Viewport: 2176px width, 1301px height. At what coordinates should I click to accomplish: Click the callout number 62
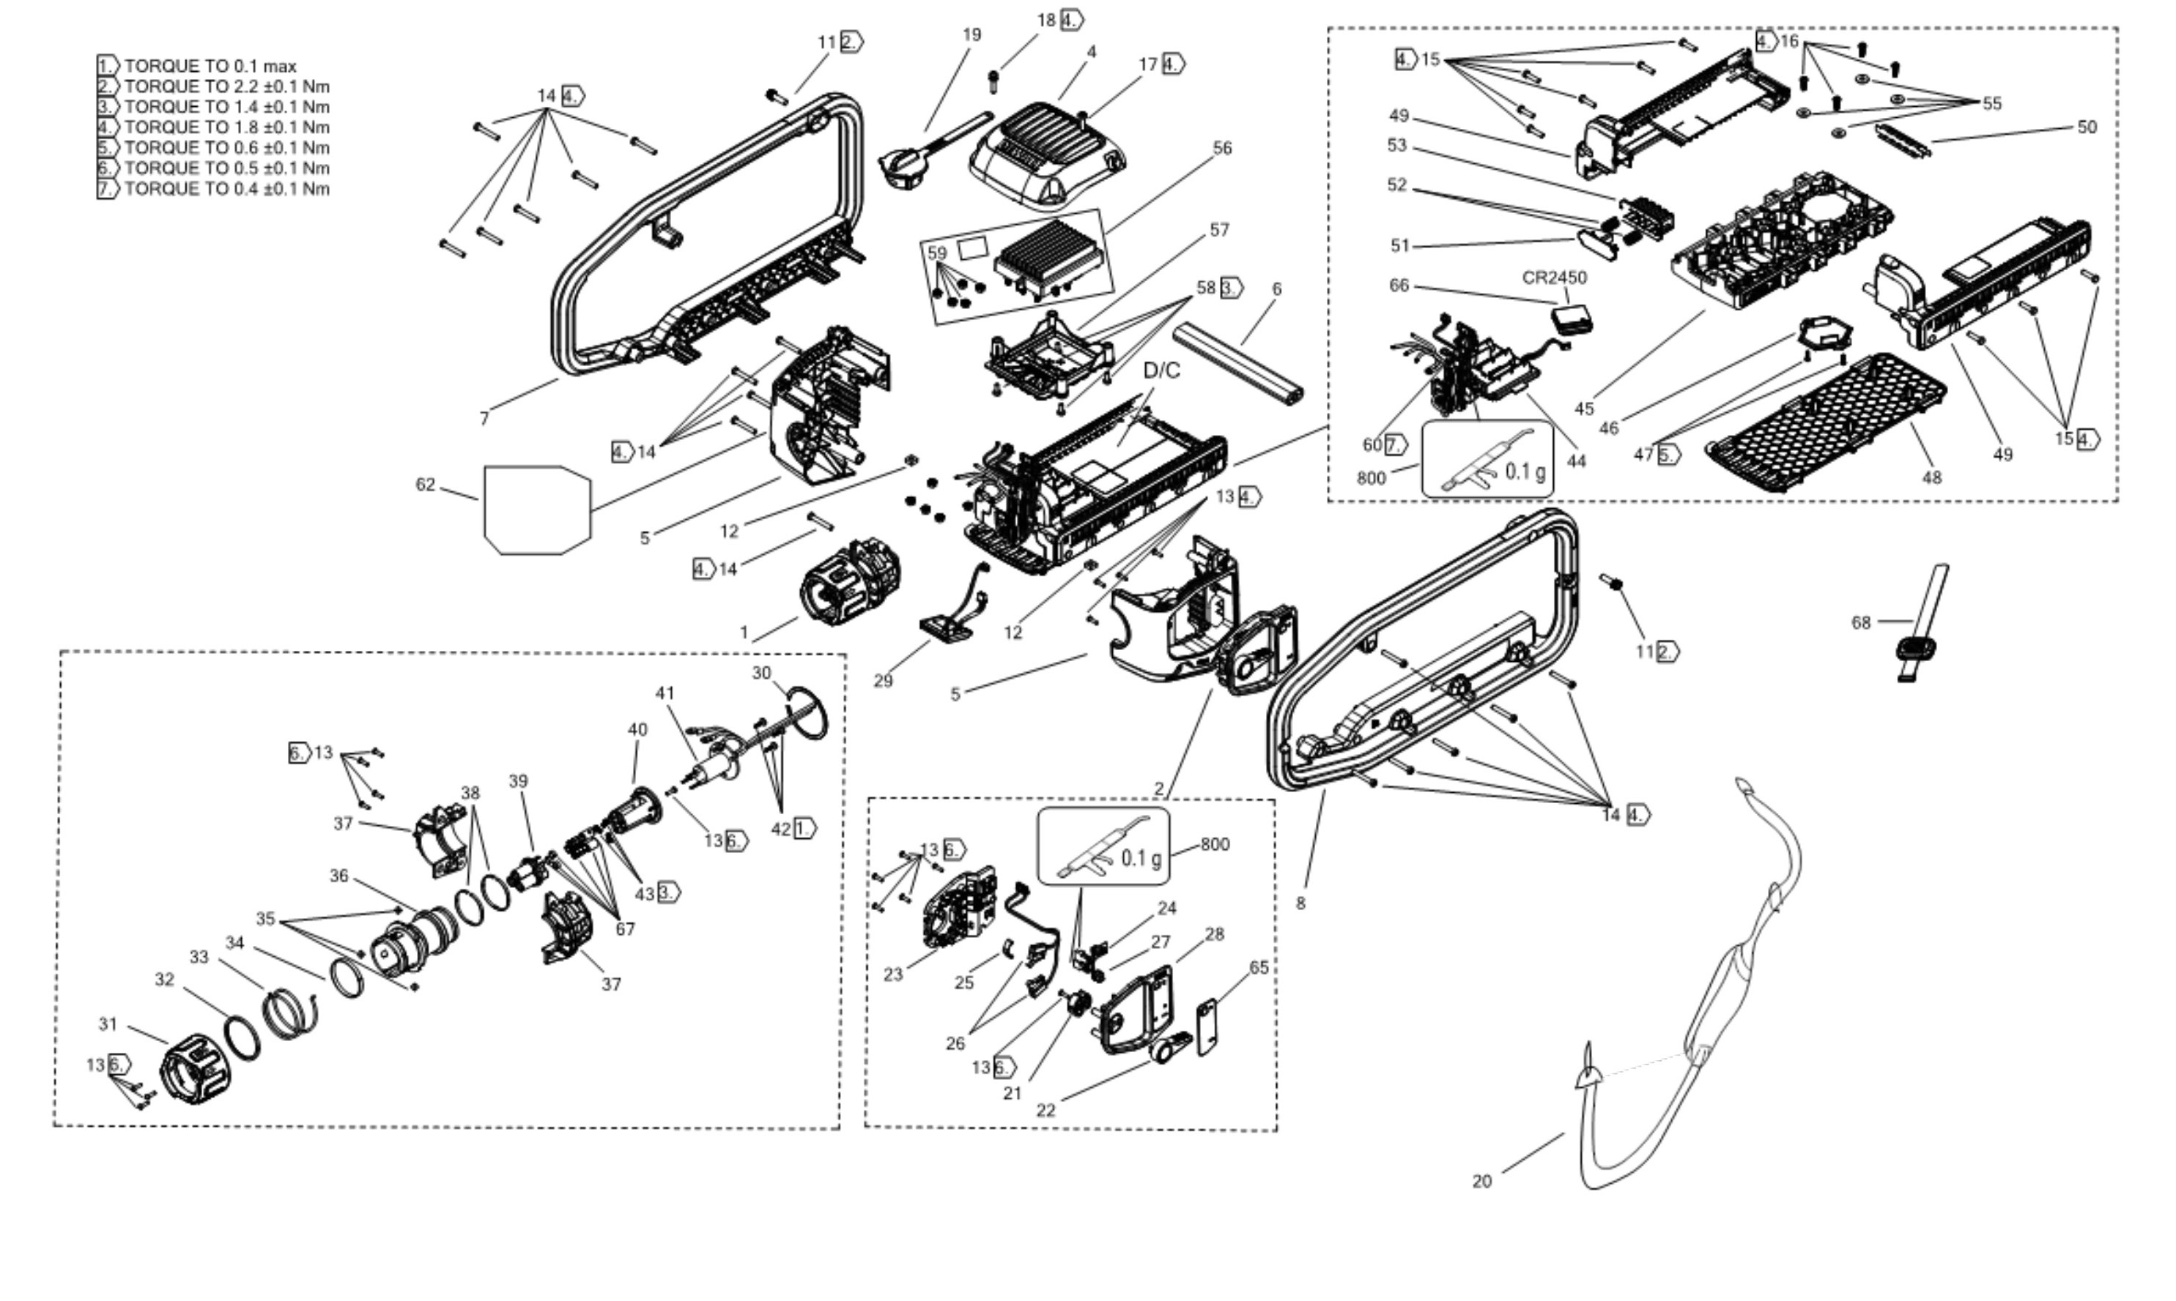(426, 485)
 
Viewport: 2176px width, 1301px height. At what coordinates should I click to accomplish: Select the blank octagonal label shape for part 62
(537, 510)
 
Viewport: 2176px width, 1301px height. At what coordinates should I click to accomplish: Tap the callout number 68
(1861, 622)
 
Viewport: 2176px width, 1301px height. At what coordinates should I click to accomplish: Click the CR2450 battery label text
(1554, 278)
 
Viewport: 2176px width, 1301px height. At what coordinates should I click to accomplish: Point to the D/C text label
(1162, 371)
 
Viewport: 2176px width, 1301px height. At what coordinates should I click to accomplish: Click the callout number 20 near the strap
(1481, 1182)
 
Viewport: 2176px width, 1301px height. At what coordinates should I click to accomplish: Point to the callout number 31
(108, 1024)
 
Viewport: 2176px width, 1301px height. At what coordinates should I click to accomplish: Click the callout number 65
(1259, 968)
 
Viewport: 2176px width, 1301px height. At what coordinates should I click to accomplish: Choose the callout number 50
(2087, 127)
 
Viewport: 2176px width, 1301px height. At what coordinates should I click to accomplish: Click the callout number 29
(883, 681)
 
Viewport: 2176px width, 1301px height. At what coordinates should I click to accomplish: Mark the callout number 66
(1399, 286)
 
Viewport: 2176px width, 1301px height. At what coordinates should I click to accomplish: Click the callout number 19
(972, 35)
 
